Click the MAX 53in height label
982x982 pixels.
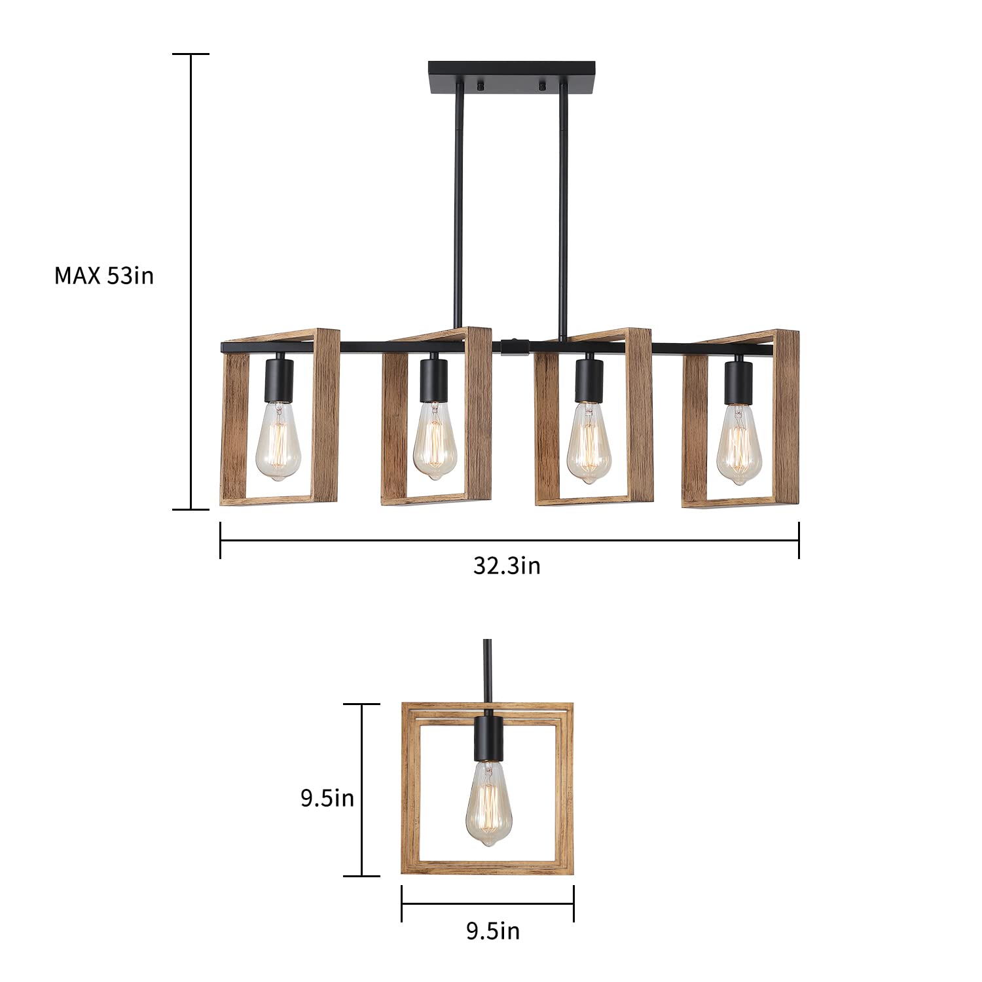[x=103, y=276]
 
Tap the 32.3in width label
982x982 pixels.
[x=507, y=565]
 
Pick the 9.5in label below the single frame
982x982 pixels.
[x=492, y=930]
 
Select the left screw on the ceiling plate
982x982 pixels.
[x=481, y=86]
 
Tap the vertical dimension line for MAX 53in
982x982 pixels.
[x=191, y=282]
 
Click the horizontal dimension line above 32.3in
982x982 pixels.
[x=509, y=540]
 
